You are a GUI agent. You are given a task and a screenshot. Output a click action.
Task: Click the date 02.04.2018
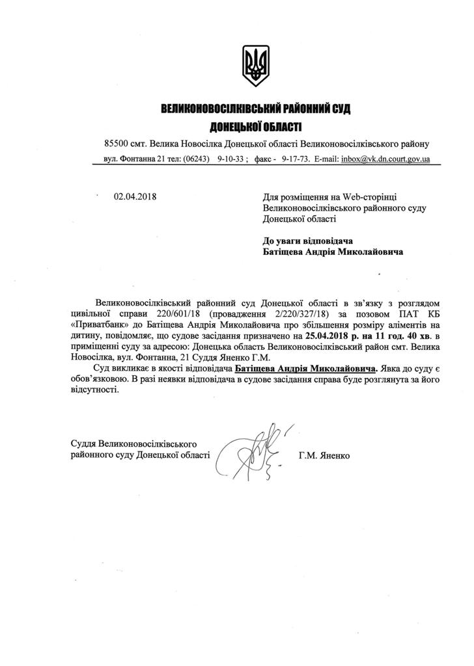click(x=136, y=196)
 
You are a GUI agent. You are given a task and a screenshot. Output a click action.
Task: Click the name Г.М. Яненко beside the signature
click(x=324, y=456)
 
